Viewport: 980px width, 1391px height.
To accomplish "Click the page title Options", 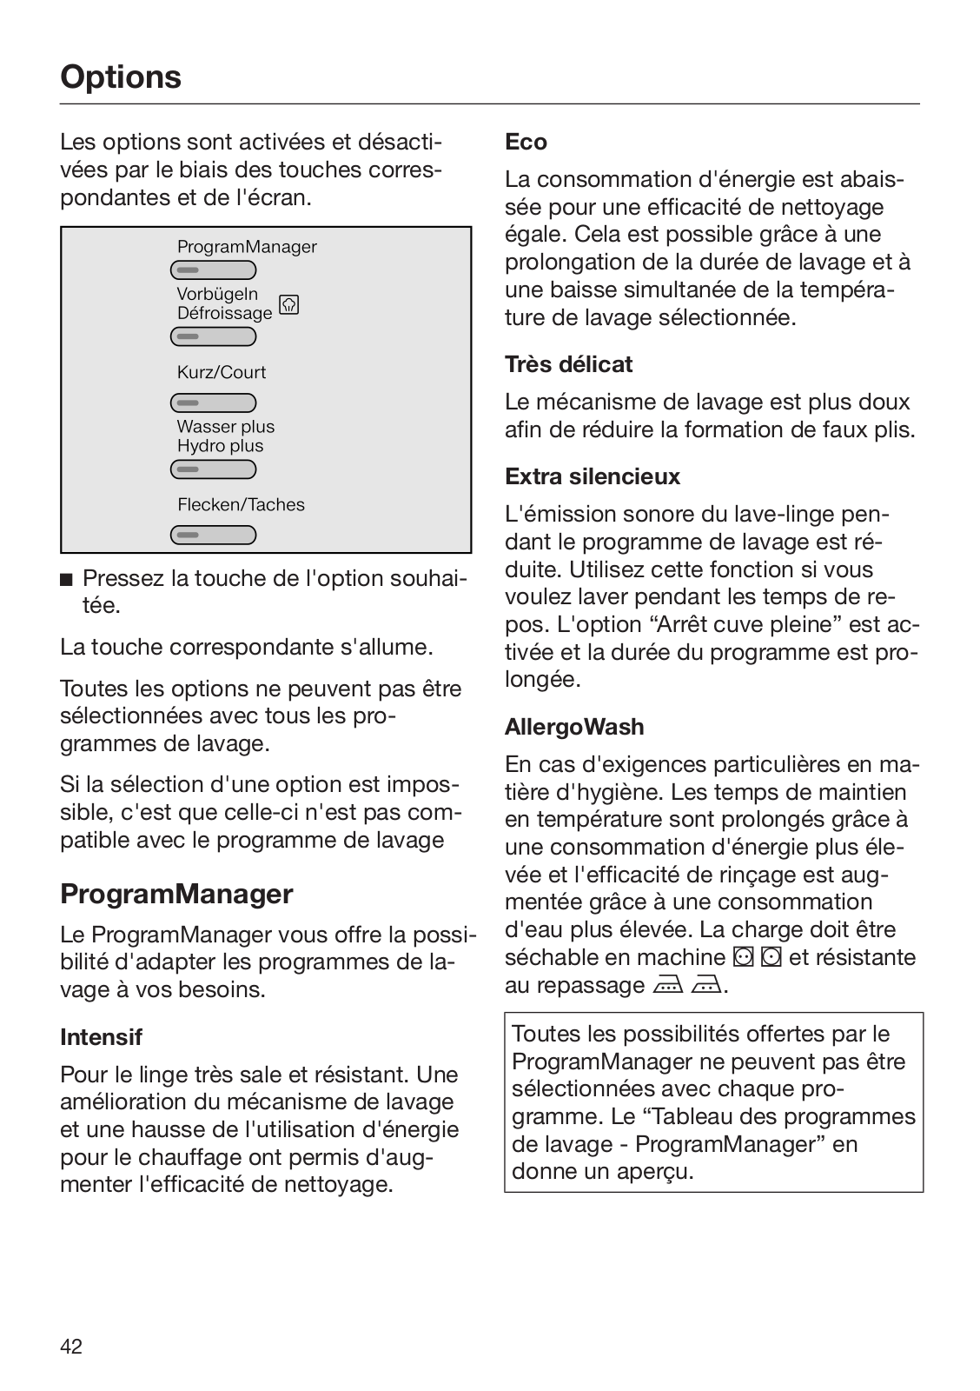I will (121, 77).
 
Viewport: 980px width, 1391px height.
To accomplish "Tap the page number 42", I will (71, 1347).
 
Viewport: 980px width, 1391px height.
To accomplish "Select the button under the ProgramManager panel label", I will (213, 270).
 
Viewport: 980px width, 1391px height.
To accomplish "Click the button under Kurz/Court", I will (213, 403).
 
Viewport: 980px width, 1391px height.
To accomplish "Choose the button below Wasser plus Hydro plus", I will (213, 469).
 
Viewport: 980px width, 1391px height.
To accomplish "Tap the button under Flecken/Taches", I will (213, 535).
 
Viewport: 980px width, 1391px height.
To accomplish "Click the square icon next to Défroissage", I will (289, 305).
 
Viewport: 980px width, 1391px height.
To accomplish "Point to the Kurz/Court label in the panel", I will (222, 372).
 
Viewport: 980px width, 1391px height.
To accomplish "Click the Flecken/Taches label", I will (241, 504).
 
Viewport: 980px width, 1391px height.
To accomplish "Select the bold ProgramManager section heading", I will (176, 894).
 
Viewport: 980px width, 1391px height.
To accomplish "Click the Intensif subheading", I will (101, 1036).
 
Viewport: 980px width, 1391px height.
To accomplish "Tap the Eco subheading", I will (526, 142).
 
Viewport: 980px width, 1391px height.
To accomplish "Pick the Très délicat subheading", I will (568, 364).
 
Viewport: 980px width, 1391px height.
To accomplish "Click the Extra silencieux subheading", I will (593, 476).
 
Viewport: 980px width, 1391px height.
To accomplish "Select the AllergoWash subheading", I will (574, 727).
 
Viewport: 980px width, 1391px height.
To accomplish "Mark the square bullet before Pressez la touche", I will (66, 579).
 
